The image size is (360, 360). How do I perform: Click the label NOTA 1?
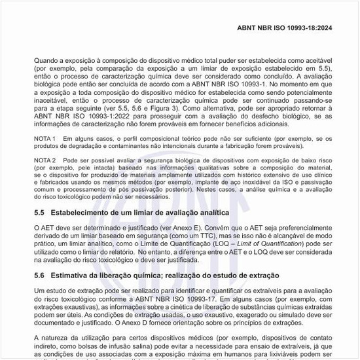tap(46, 139)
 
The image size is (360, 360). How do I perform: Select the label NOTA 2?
tap(46, 159)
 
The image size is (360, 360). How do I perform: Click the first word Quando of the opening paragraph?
tap(48, 60)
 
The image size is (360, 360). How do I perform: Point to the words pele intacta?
tap(88, 167)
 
